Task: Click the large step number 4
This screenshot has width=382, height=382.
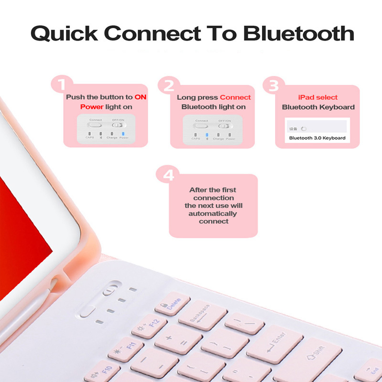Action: point(169,175)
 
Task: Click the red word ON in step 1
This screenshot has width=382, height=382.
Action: point(140,97)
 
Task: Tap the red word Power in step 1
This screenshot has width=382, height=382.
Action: point(92,106)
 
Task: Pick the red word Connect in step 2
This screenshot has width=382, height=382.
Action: point(235,97)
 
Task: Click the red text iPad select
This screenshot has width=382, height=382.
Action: point(318,97)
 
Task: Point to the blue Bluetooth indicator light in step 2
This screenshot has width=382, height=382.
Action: point(207,134)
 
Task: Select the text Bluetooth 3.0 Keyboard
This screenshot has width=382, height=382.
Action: point(317,138)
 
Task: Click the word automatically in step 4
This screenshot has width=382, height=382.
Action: point(212,213)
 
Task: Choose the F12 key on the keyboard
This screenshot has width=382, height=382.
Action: point(149,327)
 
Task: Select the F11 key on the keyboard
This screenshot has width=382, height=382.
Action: point(126,348)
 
